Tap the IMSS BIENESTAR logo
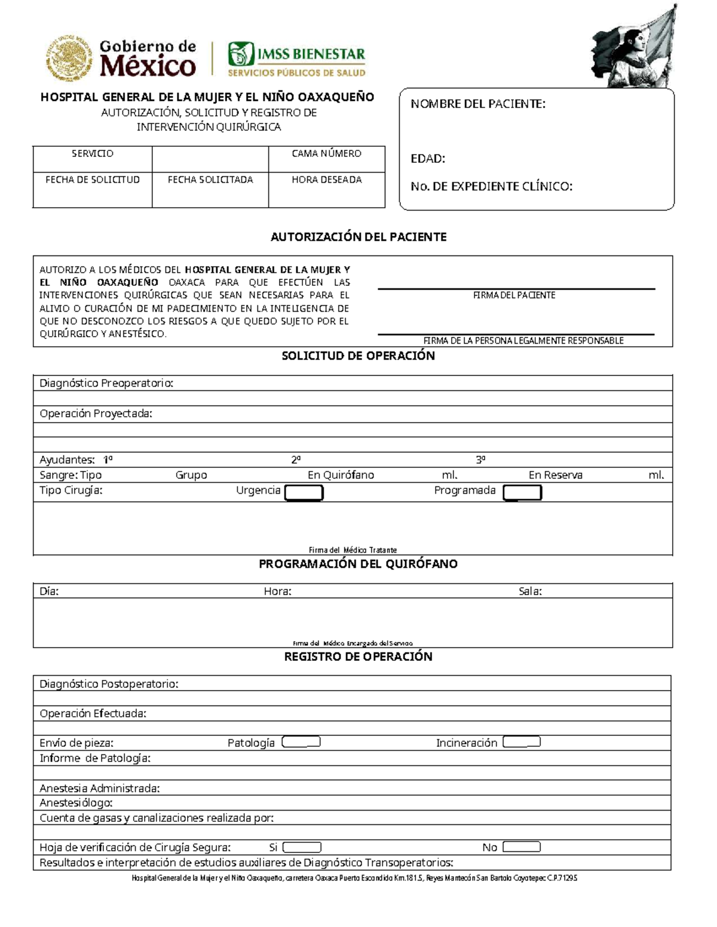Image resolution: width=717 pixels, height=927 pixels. [x=296, y=59]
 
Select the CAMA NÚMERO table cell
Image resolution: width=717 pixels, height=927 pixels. [x=326, y=159]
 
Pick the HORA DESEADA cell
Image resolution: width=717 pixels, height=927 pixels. [x=326, y=190]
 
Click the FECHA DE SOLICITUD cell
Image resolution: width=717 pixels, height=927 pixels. [x=93, y=190]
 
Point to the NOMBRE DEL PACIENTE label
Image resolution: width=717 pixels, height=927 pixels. [x=477, y=104]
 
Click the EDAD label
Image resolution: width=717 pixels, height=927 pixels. [x=427, y=159]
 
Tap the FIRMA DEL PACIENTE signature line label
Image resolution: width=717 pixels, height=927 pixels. [x=514, y=295]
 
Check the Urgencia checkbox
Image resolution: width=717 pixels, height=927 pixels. [x=304, y=492]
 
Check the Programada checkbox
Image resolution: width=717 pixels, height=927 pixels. [x=522, y=492]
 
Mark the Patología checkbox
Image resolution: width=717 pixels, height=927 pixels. [x=301, y=742]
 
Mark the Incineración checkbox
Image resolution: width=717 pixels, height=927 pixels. [x=522, y=742]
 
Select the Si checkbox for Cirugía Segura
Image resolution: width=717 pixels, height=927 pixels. [x=302, y=847]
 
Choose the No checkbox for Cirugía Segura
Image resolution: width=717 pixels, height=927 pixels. [x=522, y=847]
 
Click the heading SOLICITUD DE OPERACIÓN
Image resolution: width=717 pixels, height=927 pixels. [x=358, y=356]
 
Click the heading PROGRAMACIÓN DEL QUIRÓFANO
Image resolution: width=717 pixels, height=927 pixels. [x=358, y=564]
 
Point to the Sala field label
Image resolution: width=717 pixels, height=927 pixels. [x=530, y=592]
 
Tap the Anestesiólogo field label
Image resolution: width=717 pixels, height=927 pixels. [x=76, y=803]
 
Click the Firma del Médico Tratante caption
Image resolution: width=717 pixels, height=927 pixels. [x=353, y=550]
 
